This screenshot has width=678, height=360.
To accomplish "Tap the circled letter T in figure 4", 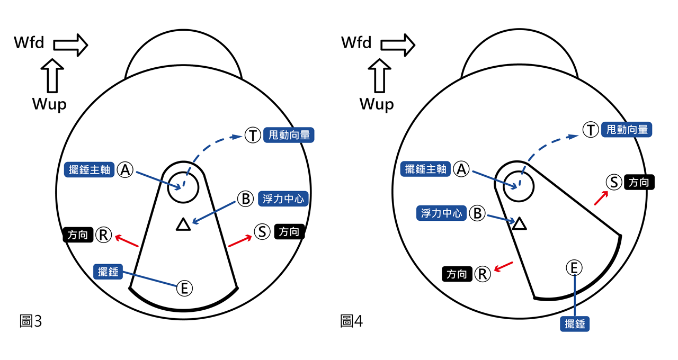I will pyautogui.click(x=591, y=130).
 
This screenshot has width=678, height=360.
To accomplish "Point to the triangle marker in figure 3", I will pyautogui.click(x=183, y=225).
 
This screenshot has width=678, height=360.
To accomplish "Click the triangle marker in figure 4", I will pyautogui.click(x=520, y=223).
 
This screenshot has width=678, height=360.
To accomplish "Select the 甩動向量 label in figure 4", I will pyautogui.click(x=627, y=130).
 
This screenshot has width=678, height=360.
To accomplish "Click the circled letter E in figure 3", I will pyautogui.click(x=184, y=289).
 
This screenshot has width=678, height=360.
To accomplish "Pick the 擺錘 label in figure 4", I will pyautogui.click(x=575, y=323).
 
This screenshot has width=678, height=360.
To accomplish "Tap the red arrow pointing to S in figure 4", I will pyautogui.click(x=601, y=197).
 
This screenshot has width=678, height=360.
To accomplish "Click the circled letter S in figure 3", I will pyautogui.click(x=262, y=232).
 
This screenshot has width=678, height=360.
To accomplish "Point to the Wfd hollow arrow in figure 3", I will pyautogui.click(x=70, y=44).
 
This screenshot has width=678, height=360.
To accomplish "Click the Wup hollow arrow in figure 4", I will pyautogui.click(x=379, y=77).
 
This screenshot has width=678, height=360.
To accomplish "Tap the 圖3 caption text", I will pyautogui.click(x=30, y=320).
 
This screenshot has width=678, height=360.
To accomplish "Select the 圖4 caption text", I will pyautogui.click(x=351, y=320).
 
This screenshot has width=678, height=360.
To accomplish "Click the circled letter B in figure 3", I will pyautogui.click(x=246, y=199).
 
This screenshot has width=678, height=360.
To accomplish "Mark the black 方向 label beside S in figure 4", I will pyautogui.click(x=639, y=183).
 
